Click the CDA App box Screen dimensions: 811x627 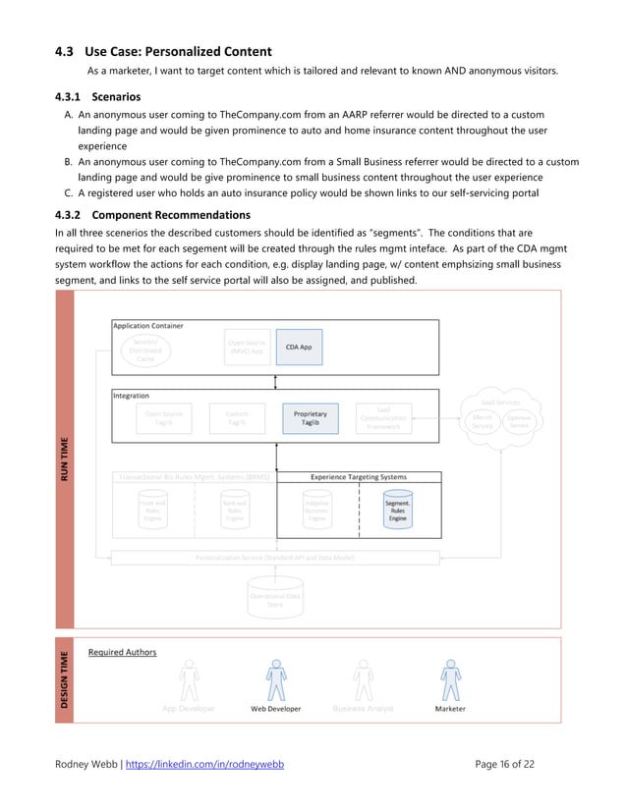(299, 347)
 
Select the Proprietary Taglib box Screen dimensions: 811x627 (310, 418)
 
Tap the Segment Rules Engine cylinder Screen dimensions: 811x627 (397, 511)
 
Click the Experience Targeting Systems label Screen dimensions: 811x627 (359, 477)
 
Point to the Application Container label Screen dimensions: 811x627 (148, 326)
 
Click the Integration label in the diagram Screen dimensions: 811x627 (132, 396)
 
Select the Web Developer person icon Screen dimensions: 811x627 (276, 680)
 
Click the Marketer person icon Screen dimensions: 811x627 (450, 680)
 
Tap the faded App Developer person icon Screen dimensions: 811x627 (189, 680)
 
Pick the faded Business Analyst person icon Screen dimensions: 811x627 (363, 680)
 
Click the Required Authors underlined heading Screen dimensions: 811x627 (122, 652)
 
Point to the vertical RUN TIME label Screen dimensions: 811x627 (65, 459)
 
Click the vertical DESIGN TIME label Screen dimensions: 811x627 (65, 680)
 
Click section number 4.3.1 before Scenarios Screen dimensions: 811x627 (68, 97)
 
